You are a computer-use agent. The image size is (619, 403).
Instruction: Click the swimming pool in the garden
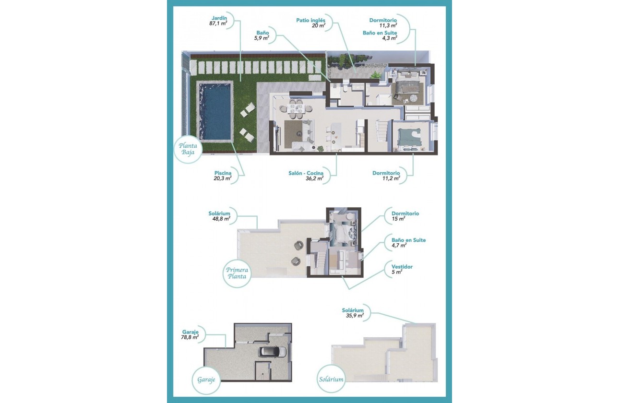click(x=215, y=111)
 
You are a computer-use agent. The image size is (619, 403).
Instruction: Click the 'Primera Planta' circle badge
click(x=237, y=273)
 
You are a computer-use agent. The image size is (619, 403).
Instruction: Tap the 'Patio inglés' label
click(x=311, y=20)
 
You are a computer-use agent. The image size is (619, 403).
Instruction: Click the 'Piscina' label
click(x=223, y=173)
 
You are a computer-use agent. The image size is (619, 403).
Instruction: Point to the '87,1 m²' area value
click(x=218, y=23)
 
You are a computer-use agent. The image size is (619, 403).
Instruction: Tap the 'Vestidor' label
click(x=402, y=266)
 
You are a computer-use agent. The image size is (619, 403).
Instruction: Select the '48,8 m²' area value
click(x=221, y=218)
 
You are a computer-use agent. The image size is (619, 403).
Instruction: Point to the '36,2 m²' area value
click(x=314, y=178)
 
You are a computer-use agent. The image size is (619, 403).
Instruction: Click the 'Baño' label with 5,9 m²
click(x=262, y=32)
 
